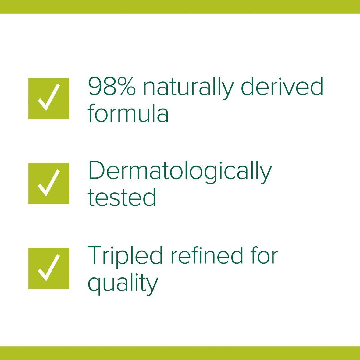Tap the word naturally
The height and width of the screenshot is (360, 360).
coord(188,88)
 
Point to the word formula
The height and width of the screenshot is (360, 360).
coord(128,113)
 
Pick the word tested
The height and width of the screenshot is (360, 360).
coord(122,197)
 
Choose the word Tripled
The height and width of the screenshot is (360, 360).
coord(125,257)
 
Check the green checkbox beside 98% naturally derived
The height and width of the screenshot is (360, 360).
coord(49,98)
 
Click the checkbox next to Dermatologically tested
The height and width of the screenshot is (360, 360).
coord(49,183)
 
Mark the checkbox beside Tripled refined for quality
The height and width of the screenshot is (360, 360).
coord(49,268)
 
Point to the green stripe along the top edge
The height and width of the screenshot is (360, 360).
coord(180,7)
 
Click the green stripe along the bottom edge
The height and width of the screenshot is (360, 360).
coord(180,353)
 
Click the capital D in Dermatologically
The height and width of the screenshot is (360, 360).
coord(96,170)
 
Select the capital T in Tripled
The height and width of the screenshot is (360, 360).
coord(95,255)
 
